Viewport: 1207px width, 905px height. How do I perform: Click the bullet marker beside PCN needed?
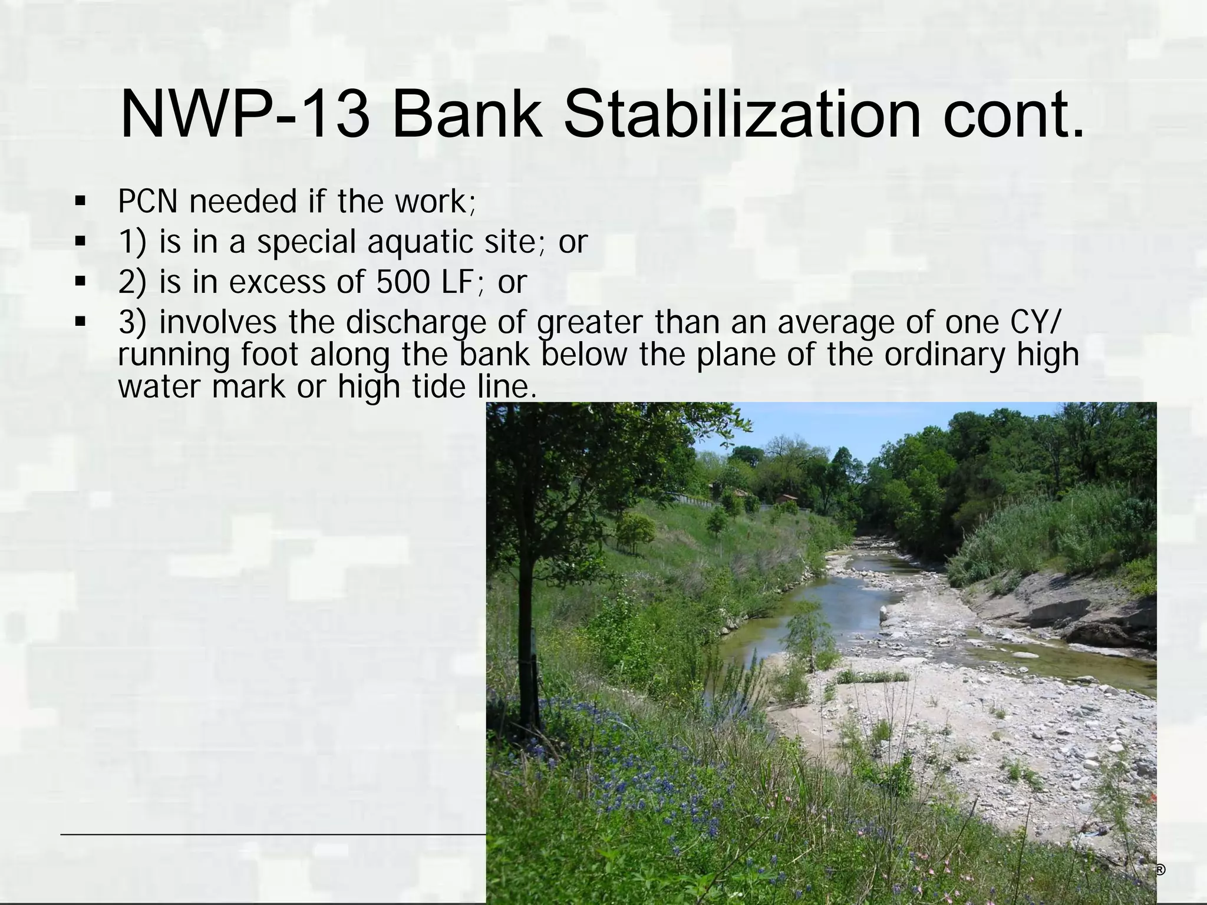[x=80, y=202]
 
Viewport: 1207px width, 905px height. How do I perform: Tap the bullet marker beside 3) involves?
[x=80, y=322]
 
